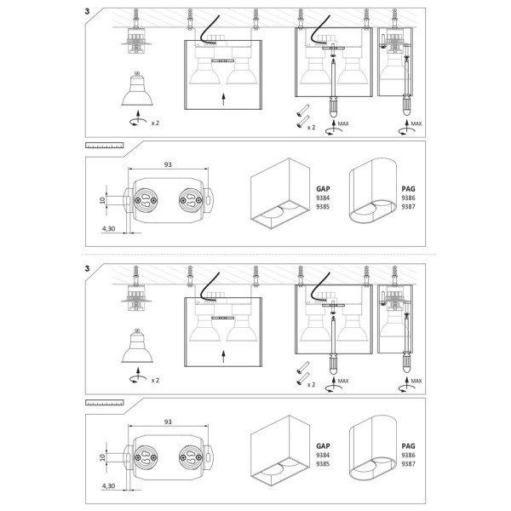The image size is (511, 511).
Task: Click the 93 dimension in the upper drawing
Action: tap(169, 164)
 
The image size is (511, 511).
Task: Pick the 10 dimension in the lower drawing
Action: tap(101, 457)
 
